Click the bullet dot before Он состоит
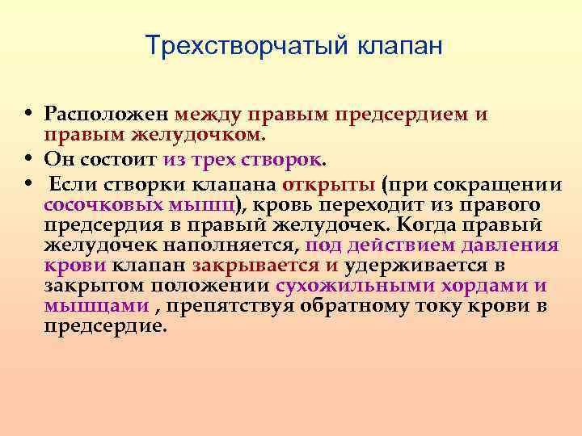27,157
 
